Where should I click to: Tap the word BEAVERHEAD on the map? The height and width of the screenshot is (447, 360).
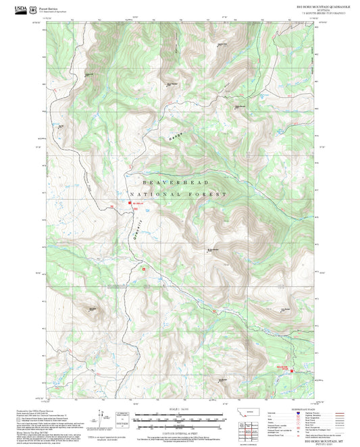pos(176,183)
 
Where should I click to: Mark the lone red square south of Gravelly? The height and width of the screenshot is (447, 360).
pos(143,269)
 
